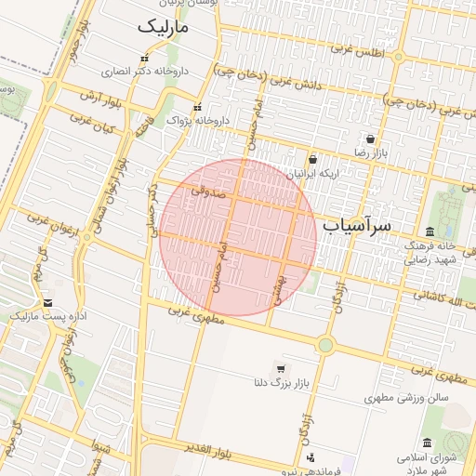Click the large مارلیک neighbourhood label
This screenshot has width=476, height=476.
pos(163,28)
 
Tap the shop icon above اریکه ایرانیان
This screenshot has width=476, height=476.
pos(311,159)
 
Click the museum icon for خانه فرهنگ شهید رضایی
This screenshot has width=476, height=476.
pos(429,231)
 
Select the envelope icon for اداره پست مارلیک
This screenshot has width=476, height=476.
pos(47,303)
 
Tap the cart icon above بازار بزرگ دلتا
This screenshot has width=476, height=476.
pos(280,368)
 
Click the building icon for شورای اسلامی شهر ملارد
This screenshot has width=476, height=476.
pos(427,443)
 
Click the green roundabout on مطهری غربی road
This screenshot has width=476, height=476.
pos(324,345)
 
